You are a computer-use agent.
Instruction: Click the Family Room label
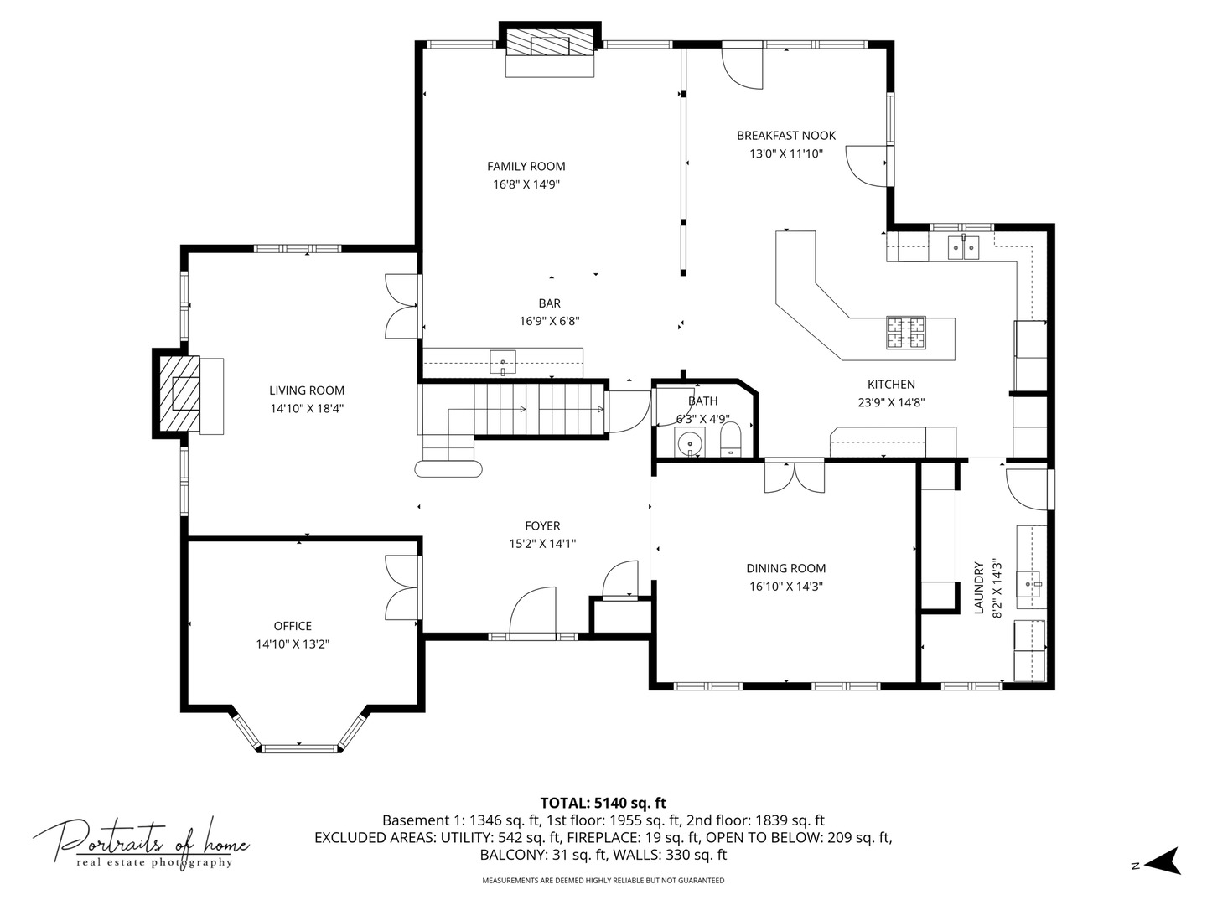click(x=526, y=166)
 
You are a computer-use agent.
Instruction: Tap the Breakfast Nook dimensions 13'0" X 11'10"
click(x=785, y=153)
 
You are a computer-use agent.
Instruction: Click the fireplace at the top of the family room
click(x=550, y=44)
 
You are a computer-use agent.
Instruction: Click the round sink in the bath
click(x=690, y=441)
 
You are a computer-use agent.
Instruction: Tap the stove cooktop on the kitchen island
click(x=906, y=332)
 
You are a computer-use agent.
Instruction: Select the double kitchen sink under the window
click(x=963, y=247)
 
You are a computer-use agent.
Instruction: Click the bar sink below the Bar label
click(x=503, y=362)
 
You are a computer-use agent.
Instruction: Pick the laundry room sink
click(x=1030, y=580)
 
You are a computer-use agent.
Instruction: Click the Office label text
click(x=293, y=626)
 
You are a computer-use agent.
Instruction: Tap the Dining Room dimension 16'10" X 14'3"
click(x=785, y=587)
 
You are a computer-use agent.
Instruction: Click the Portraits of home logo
click(x=141, y=842)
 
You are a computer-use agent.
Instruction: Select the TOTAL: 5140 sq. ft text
click(x=603, y=803)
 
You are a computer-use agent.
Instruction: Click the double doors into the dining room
click(x=794, y=477)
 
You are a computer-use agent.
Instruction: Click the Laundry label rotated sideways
click(x=978, y=588)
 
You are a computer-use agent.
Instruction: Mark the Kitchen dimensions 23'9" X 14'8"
click(x=890, y=401)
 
